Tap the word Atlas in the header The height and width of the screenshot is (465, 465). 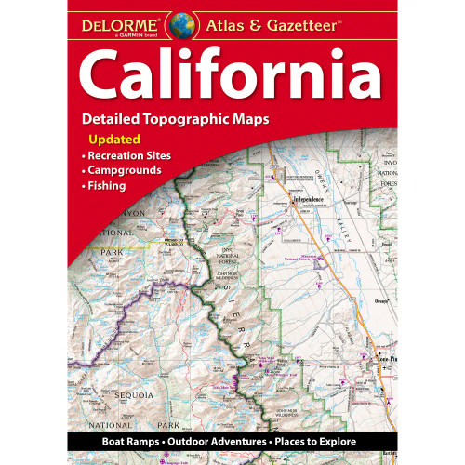point(228,21)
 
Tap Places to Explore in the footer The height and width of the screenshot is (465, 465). point(325,438)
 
